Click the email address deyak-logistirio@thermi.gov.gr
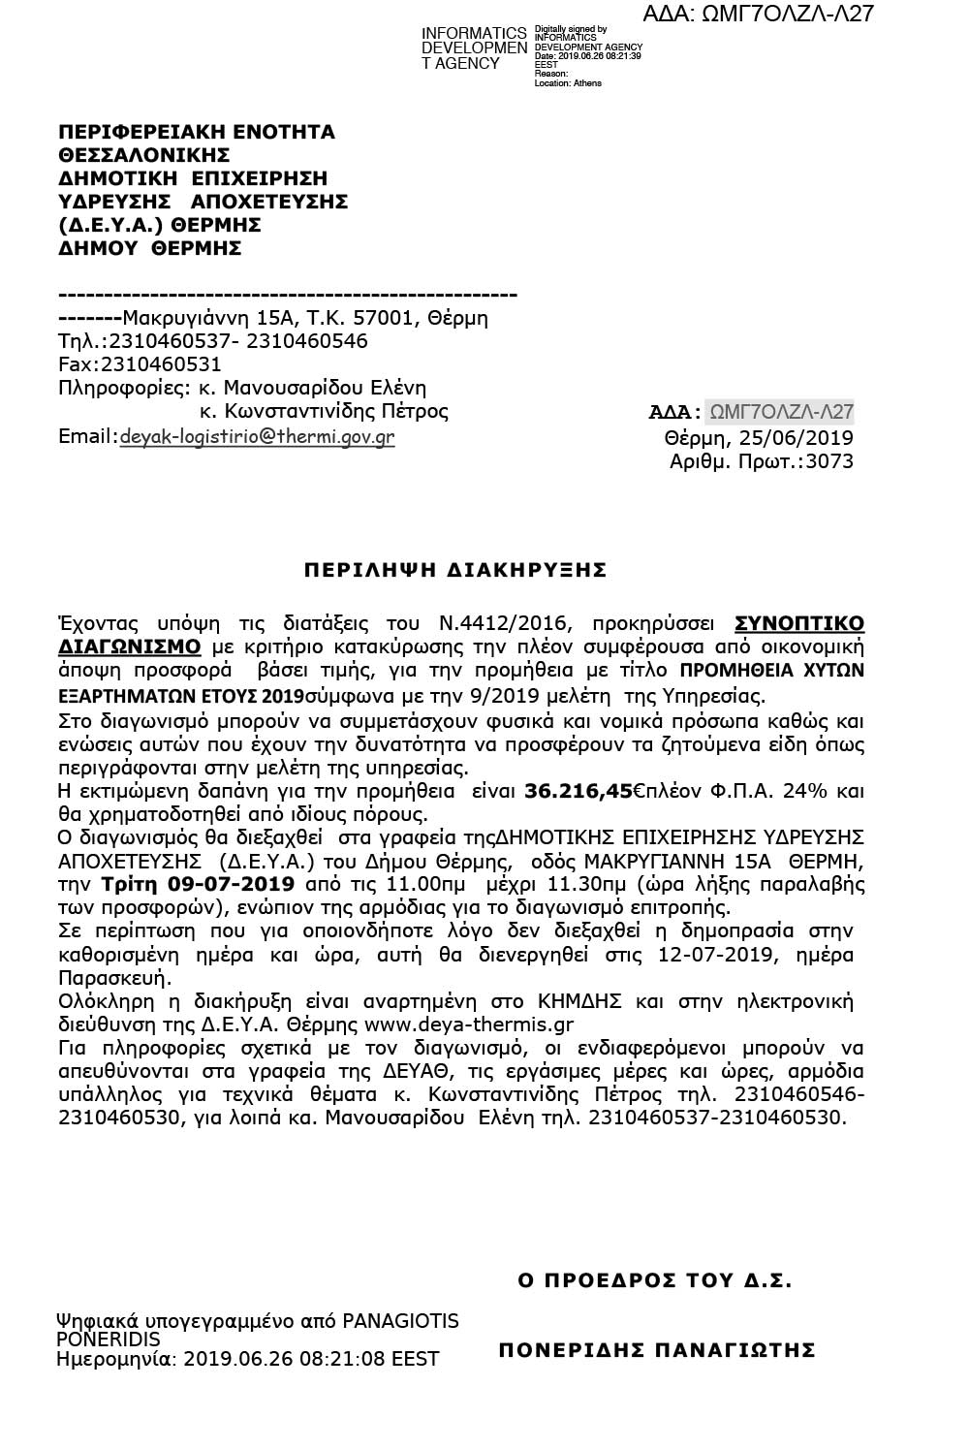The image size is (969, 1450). tap(257, 436)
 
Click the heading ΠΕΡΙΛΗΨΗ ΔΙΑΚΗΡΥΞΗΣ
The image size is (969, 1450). tap(454, 569)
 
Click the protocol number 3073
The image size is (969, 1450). tap(831, 461)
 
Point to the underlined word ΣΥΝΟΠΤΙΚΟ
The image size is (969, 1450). tap(798, 622)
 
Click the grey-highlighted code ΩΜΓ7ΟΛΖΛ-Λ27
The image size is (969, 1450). tap(781, 412)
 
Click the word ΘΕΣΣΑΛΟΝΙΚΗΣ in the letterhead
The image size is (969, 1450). tap(144, 155)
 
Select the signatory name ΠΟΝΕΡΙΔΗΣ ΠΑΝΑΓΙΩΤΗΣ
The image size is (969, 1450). tap(657, 1349)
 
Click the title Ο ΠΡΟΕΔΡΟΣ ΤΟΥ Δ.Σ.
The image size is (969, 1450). tap(655, 1280)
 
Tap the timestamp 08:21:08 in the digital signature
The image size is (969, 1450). tap(356, 1359)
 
